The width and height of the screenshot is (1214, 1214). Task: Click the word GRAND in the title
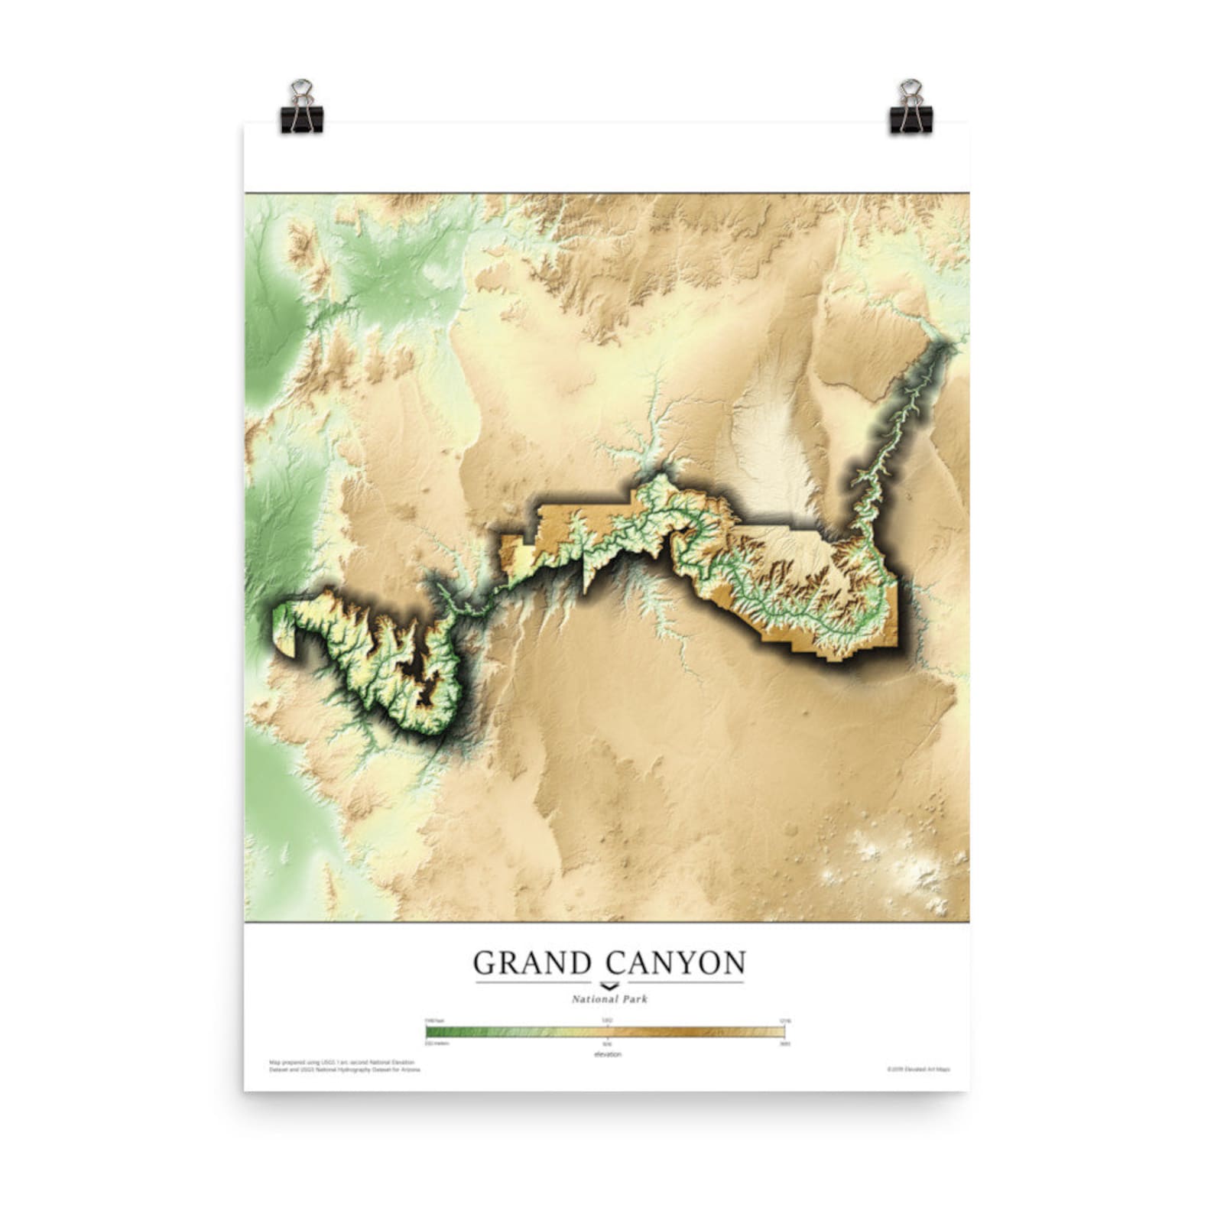point(532,963)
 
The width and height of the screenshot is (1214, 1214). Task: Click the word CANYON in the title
point(676,963)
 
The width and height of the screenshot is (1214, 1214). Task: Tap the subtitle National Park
point(609,999)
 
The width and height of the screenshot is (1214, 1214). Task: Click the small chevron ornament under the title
point(609,985)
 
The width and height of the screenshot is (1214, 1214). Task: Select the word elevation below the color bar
point(608,1054)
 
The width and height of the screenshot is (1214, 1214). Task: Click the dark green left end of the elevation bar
point(433,1032)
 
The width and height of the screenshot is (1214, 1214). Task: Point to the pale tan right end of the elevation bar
point(780,1032)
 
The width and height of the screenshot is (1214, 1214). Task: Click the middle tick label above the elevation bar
point(607,1021)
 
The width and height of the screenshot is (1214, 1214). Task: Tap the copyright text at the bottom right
point(923,1070)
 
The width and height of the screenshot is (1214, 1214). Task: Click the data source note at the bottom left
point(344,1066)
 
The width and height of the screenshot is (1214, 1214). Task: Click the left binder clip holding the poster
point(302,107)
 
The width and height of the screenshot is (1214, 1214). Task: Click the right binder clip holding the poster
point(910,107)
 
